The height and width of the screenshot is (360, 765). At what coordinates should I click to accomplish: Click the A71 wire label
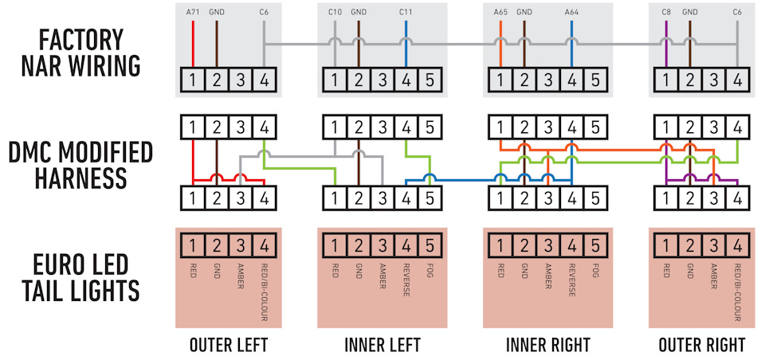[193, 12]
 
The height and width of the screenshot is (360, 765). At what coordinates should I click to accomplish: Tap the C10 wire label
[335, 12]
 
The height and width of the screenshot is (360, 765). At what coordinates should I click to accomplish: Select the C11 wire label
[406, 12]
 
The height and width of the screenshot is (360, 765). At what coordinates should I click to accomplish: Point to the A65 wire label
[500, 12]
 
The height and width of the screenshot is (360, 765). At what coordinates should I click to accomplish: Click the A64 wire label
[571, 12]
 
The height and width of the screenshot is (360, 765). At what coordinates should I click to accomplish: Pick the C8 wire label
[666, 12]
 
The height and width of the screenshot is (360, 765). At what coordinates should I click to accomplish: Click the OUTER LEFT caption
[229, 344]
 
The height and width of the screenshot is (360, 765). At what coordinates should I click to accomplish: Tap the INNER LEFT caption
[382, 344]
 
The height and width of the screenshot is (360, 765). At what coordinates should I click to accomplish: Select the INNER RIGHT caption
[548, 344]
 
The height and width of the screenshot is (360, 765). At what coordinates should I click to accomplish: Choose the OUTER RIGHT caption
[701, 344]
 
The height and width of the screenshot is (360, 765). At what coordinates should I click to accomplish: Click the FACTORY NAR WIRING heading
[81, 53]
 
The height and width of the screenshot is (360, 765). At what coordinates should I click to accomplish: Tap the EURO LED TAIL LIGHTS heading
[81, 278]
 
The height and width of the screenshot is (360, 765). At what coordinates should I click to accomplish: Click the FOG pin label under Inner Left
[430, 271]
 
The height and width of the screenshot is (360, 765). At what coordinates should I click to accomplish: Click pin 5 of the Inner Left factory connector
[430, 80]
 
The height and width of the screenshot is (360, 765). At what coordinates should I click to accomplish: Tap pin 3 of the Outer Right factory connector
[713, 80]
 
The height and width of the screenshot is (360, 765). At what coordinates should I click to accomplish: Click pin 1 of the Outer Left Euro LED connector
[193, 245]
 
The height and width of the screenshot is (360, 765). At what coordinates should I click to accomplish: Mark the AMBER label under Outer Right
[713, 276]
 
